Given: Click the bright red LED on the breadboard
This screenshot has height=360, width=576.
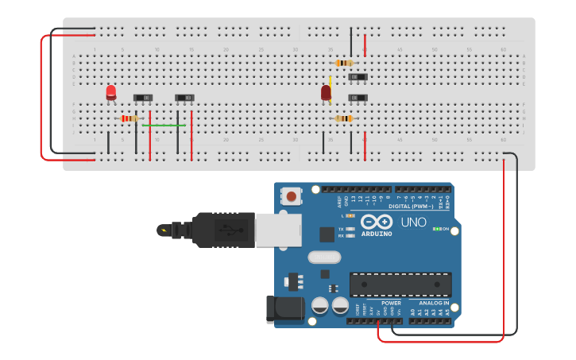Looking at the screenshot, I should [110, 92].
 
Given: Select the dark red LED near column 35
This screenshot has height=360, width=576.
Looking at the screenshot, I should [326, 93].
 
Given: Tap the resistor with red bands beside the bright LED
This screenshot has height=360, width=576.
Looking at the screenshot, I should [129, 118].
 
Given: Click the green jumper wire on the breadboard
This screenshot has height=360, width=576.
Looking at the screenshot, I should [164, 125].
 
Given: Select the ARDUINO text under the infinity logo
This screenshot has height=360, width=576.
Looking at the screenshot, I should [377, 234].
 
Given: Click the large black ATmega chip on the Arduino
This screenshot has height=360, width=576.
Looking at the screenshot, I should [400, 284].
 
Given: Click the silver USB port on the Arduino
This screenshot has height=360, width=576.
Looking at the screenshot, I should [278, 230].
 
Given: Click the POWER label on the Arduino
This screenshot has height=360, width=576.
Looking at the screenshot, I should [391, 303].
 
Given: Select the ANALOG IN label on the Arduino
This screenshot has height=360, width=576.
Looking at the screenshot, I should [435, 303].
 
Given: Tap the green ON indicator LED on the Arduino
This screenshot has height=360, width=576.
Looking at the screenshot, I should [435, 229].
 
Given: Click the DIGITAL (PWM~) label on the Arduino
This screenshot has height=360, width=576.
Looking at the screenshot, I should [412, 206].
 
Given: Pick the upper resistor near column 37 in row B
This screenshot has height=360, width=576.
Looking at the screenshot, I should [344, 63].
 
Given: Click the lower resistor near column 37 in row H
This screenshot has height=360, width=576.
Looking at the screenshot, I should [343, 118].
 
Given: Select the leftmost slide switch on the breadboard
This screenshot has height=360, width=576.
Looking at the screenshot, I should [144, 98].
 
